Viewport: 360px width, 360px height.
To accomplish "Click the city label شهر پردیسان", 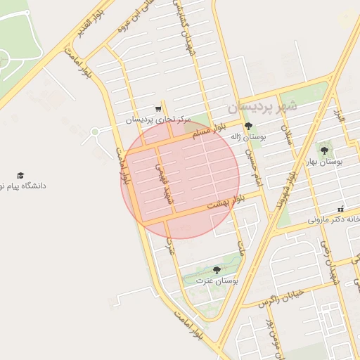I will click(262, 106).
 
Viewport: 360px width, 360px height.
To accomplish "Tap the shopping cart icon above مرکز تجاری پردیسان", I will click(158, 109).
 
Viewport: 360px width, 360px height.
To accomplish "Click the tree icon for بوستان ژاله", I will click(248, 127).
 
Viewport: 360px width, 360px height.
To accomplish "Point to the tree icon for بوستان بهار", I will click(324, 150).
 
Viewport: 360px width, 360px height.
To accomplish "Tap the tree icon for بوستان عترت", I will click(216, 270).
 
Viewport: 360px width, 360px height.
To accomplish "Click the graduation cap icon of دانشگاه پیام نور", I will click(20, 175).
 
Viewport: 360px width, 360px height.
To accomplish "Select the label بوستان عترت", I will click(217, 281).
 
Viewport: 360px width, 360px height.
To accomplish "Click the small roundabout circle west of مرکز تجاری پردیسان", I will click(95, 131).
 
